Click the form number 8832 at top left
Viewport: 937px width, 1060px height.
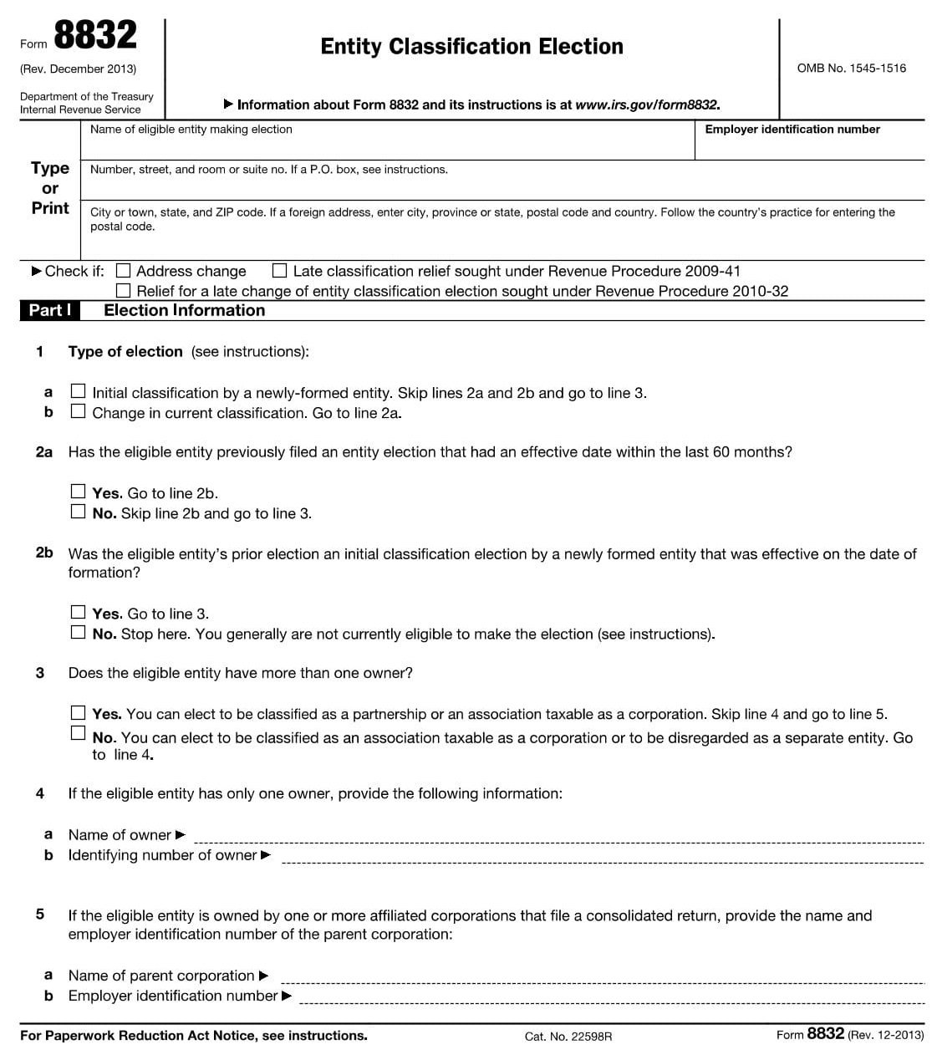pyautogui.click(x=94, y=36)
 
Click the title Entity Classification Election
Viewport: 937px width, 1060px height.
pyautogui.click(x=471, y=47)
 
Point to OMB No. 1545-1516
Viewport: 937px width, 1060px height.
pyautogui.click(x=851, y=69)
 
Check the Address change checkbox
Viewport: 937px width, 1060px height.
pyautogui.click(x=124, y=271)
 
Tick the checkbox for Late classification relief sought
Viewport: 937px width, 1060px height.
pyautogui.click(x=280, y=271)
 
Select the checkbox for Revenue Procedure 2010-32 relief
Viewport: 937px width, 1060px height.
pyautogui.click(x=124, y=291)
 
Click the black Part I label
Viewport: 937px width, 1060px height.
pyautogui.click(x=49, y=310)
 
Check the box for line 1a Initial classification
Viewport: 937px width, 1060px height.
pyautogui.click(x=78, y=391)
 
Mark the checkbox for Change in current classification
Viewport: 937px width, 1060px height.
pyautogui.click(x=78, y=411)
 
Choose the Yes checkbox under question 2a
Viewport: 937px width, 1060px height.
pyautogui.click(x=78, y=492)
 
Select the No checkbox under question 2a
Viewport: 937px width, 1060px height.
pyautogui.click(x=78, y=512)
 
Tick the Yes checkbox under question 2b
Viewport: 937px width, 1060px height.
pyautogui.click(x=78, y=612)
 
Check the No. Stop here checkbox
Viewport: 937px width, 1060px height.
pyautogui.click(x=78, y=632)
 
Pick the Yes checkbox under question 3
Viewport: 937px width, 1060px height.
pyautogui.click(x=78, y=712)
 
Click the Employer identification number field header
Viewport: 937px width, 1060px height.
pyautogui.click(x=792, y=130)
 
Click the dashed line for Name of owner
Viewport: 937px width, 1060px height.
pyautogui.click(x=558, y=839)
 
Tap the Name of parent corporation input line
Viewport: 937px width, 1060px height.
pyautogui.click(x=602, y=980)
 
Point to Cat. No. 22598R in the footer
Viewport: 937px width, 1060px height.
pyautogui.click(x=568, y=1037)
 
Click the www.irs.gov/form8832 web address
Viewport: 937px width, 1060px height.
pyautogui.click(x=647, y=105)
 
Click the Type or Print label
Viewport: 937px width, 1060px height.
pyautogui.click(x=50, y=188)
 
